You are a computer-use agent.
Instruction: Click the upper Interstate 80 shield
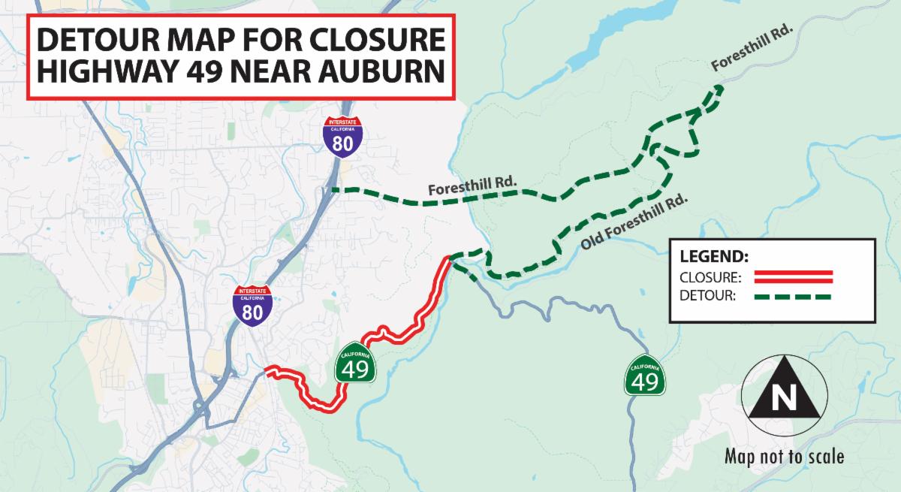click(x=342, y=136)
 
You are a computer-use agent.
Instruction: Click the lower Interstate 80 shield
click(x=252, y=304)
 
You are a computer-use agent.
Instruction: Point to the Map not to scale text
click(x=784, y=456)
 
